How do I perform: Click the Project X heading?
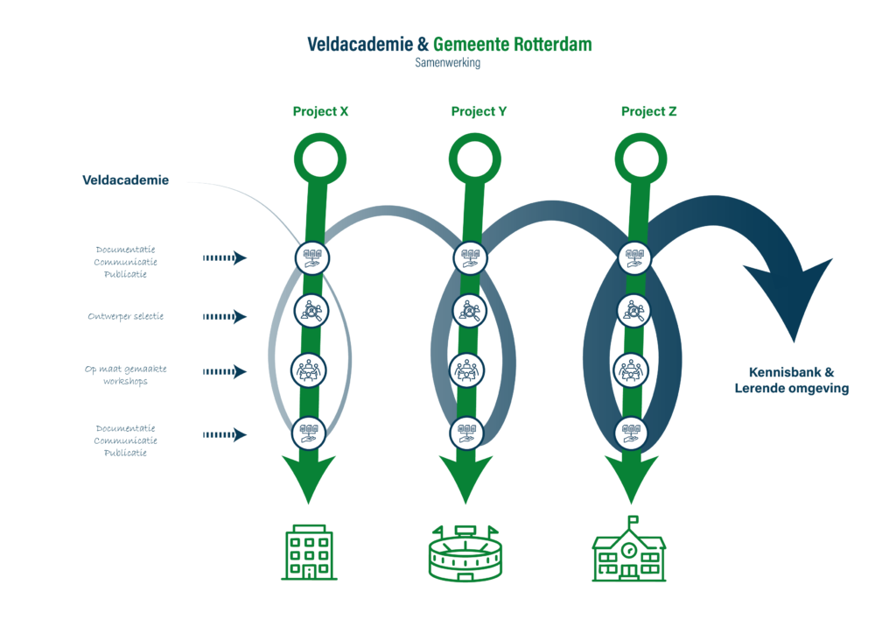[321, 112]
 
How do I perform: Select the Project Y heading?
[479, 112]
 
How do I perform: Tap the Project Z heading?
[648, 112]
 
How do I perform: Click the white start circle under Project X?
[318, 158]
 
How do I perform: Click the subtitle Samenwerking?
[447, 63]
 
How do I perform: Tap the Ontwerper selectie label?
[125, 316]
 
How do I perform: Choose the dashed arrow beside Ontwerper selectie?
[225, 317]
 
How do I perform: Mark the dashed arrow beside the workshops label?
[225, 373]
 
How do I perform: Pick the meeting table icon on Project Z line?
[633, 370]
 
